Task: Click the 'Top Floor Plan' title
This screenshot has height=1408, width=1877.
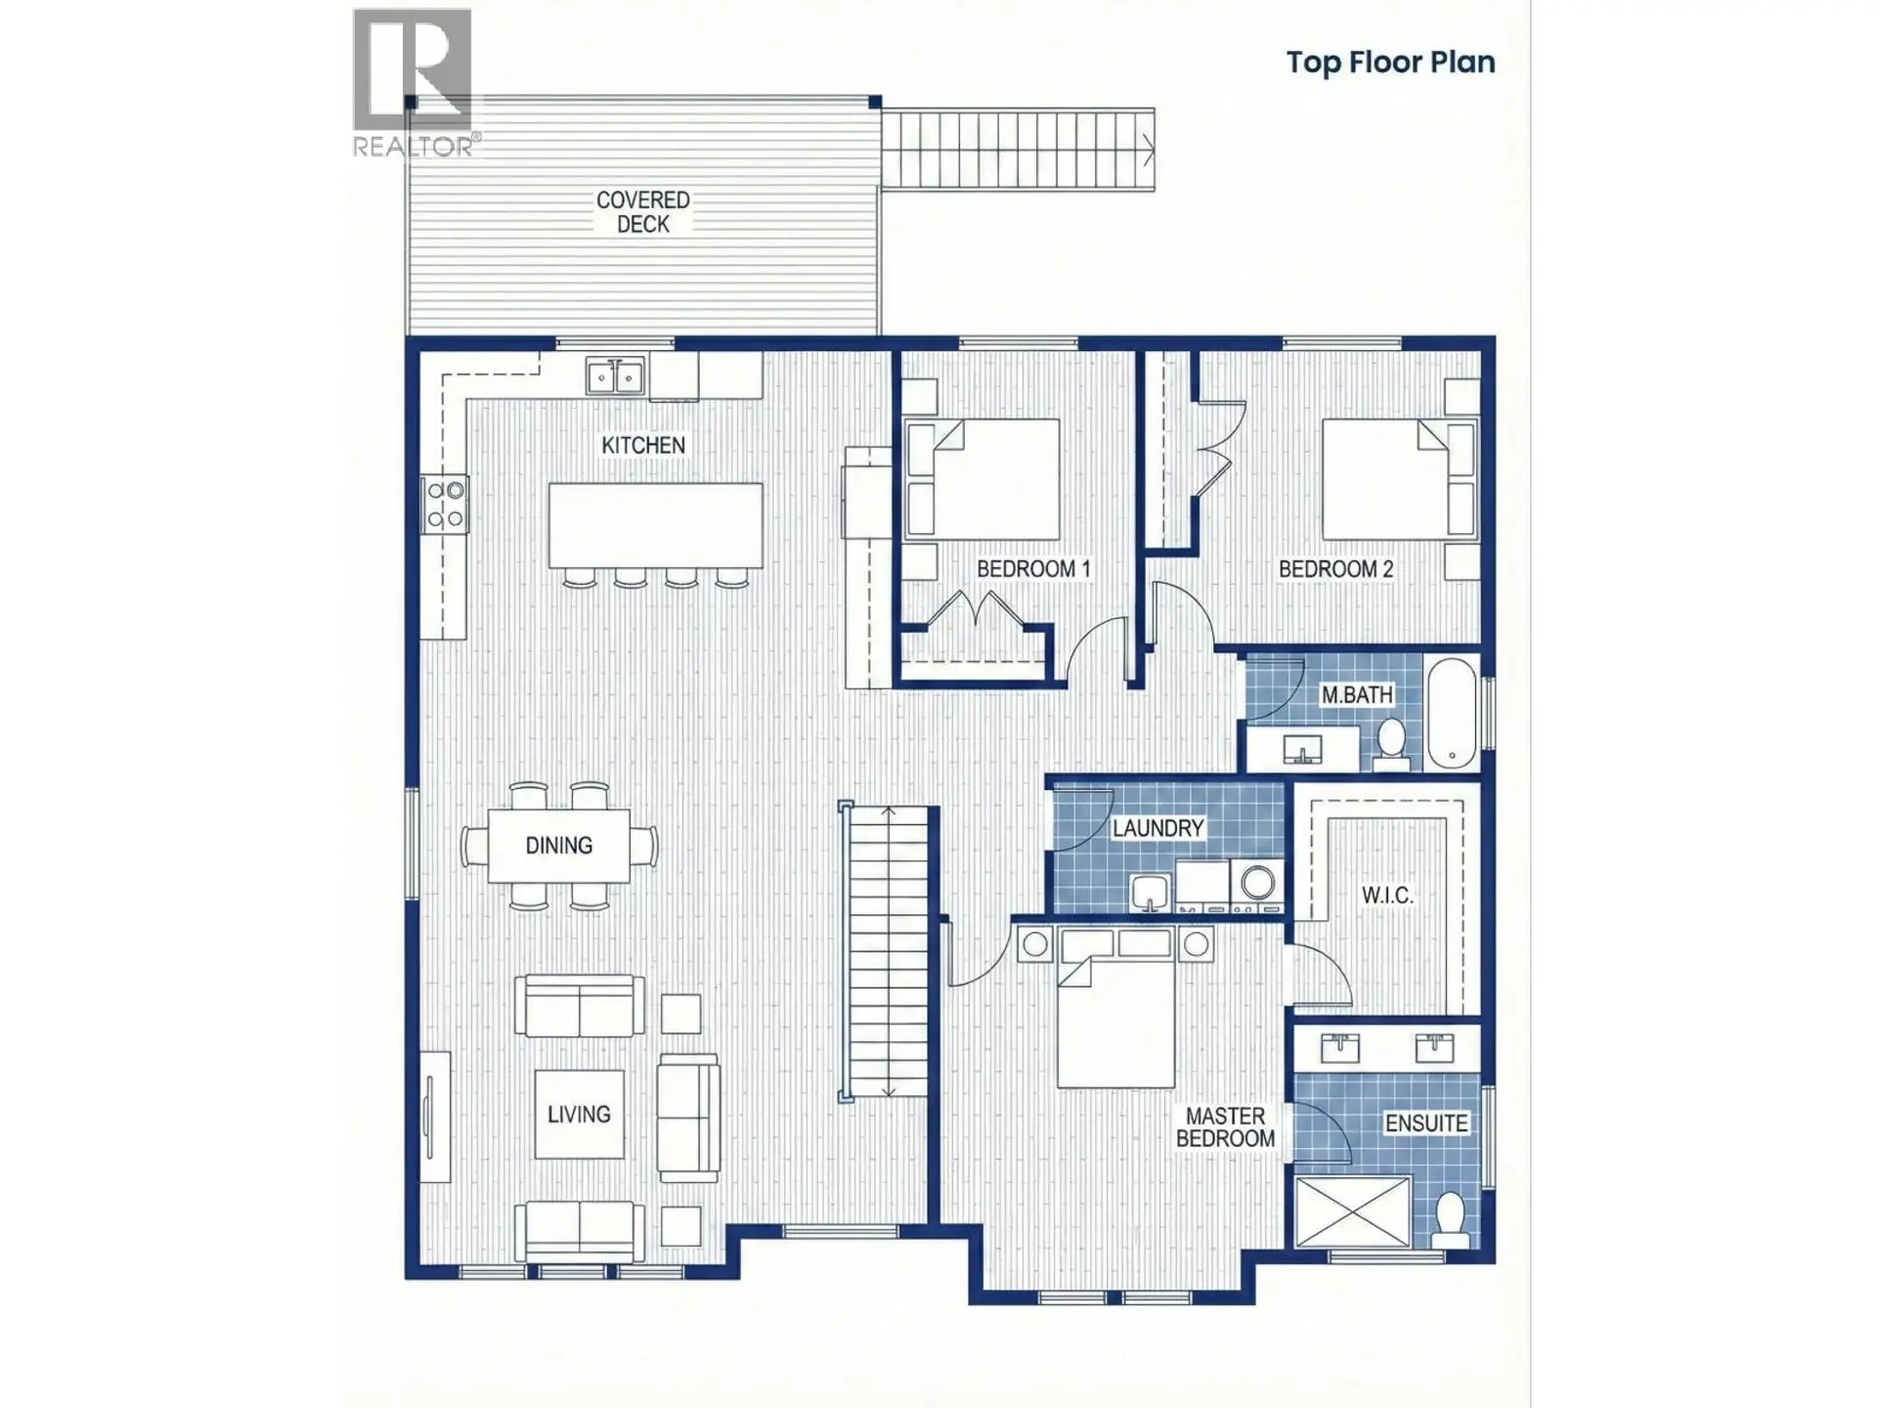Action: click(x=1389, y=63)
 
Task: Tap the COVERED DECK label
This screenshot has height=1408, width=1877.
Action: click(x=642, y=212)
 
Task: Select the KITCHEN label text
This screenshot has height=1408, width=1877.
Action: click(x=642, y=445)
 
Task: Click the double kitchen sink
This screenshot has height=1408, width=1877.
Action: click(x=615, y=375)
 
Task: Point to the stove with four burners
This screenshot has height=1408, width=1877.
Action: click(x=445, y=505)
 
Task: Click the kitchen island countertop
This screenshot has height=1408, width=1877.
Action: click(x=655, y=525)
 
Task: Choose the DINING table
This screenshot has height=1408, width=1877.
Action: click(x=558, y=845)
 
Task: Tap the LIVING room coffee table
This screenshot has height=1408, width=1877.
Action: click(x=579, y=1114)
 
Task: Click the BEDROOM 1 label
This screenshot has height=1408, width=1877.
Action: click(x=1032, y=569)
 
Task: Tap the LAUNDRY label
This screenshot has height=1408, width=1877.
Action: click(x=1157, y=828)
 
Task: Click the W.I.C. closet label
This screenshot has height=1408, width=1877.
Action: click(x=1386, y=895)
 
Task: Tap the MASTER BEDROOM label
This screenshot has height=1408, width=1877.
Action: click(x=1225, y=1127)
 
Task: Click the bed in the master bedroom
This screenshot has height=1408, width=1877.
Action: click(x=1116, y=1022)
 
